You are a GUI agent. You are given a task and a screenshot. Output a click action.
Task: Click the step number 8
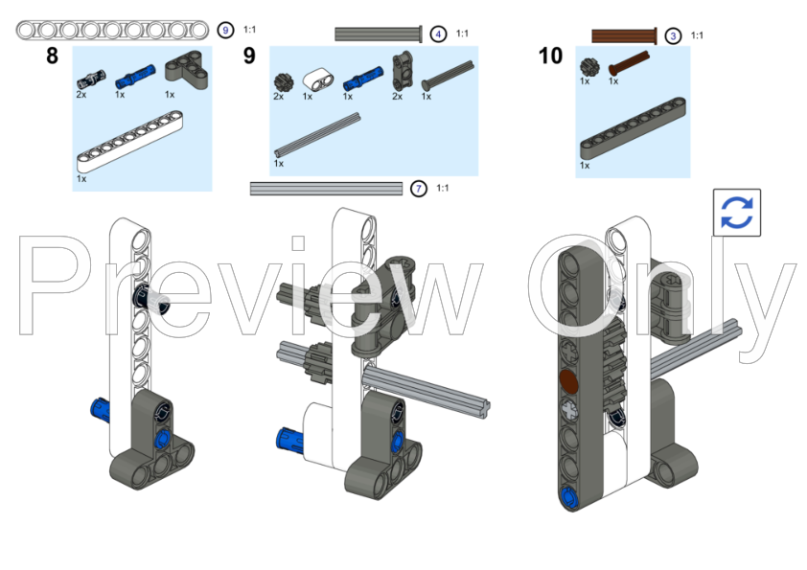52,56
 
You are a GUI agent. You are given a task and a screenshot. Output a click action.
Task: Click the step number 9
249,56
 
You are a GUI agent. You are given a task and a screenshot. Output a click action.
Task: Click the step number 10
550,56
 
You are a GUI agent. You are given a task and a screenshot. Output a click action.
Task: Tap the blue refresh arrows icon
736,212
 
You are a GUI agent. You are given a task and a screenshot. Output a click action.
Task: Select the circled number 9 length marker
225,31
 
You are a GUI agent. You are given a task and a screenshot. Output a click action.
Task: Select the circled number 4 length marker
438,34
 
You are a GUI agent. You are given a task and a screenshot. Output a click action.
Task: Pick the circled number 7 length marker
419,189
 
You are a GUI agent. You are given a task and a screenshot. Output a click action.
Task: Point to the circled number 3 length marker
674,36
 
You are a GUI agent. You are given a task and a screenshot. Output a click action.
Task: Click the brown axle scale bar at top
623,36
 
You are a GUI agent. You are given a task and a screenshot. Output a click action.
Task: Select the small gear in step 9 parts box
282,80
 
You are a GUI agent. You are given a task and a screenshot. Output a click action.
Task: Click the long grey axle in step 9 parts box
317,133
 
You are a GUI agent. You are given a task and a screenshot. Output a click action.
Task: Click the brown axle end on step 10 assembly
569,382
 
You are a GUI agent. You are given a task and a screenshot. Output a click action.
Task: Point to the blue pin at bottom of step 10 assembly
569,495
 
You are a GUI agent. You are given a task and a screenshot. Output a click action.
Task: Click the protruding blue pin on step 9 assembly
290,441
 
